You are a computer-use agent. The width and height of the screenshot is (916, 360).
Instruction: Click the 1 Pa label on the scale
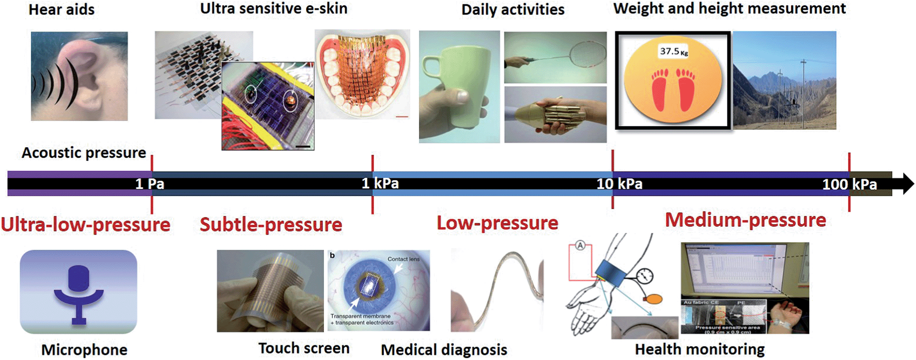[x=150, y=184]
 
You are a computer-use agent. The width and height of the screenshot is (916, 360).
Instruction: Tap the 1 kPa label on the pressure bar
[x=380, y=183]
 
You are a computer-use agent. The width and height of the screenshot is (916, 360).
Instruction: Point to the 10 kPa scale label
[x=619, y=184]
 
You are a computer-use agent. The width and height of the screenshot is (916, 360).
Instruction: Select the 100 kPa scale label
[x=849, y=184]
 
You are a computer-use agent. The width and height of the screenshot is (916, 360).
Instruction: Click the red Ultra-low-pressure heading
[x=86, y=224]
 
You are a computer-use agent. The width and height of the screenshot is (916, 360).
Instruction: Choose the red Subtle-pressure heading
[x=271, y=224]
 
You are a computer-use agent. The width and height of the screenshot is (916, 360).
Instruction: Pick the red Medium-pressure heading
[x=746, y=220]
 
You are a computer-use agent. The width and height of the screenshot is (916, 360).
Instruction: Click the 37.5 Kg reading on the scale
[x=673, y=51]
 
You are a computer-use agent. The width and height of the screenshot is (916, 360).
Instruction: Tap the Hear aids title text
[x=61, y=9]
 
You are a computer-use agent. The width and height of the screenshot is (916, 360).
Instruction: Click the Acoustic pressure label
[x=84, y=153]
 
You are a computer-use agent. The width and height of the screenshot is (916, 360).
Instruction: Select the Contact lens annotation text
[x=403, y=259]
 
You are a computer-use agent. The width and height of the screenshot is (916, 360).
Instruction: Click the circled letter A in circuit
[x=580, y=246]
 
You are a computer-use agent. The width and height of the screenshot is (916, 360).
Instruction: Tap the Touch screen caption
[x=304, y=348]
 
